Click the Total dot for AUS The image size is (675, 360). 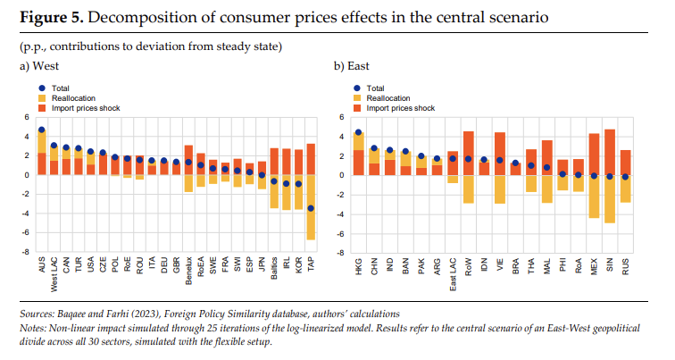(41, 130)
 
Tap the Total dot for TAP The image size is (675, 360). (311, 208)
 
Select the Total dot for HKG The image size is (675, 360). (358, 132)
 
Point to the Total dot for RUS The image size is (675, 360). (624, 177)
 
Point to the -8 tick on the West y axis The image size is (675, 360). (27, 252)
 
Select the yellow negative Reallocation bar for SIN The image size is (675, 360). (609, 198)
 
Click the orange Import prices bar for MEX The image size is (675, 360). (594, 154)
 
